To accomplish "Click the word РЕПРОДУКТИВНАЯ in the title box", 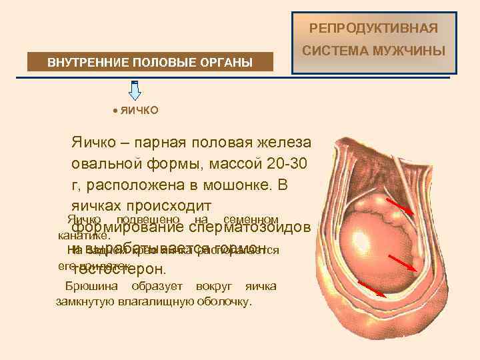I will click(x=374, y=29).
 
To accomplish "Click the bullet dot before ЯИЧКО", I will click(x=115, y=109).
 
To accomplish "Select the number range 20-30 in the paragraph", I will click(x=285, y=164).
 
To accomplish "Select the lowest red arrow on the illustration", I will click(x=373, y=288).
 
